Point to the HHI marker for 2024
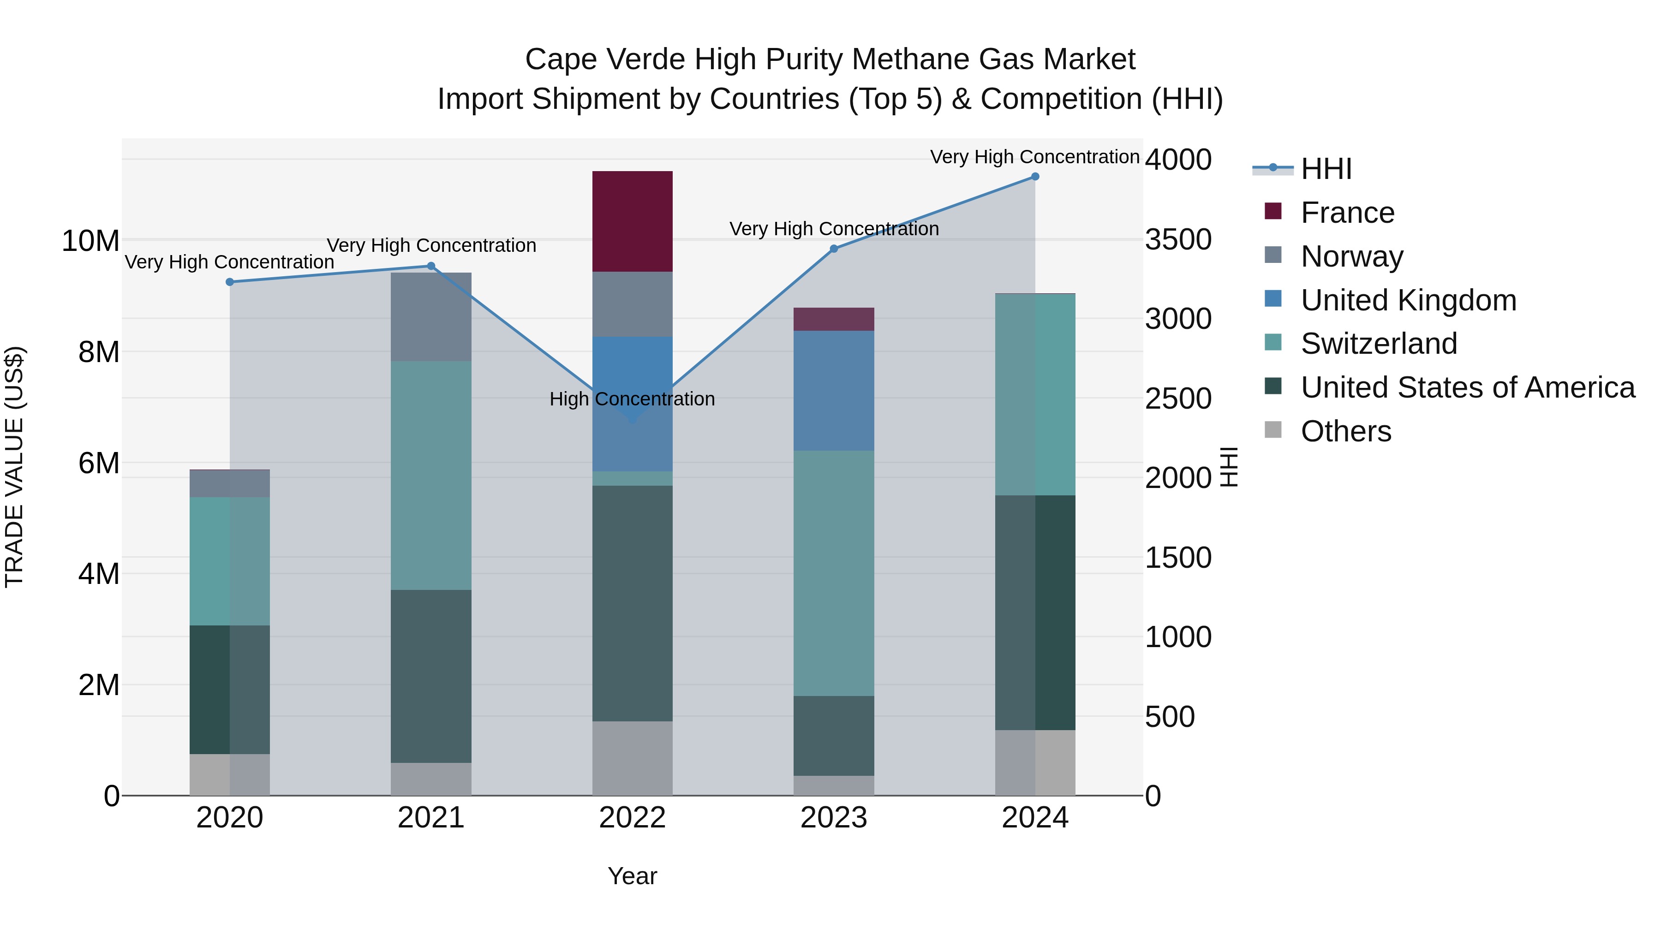(x=1035, y=177)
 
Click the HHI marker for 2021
(x=431, y=266)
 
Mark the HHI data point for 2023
(x=834, y=249)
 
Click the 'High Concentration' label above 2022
(x=632, y=399)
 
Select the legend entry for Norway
(x=1351, y=256)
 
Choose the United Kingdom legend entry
(x=1408, y=300)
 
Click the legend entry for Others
(x=1346, y=431)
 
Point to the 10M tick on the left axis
(x=90, y=241)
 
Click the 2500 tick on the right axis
(x=1177, y=399)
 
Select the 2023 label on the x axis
(x=833, y=818)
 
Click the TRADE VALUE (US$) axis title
(x=14, y=467)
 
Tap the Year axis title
(x=632, y=876)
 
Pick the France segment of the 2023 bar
(x=833, y=319)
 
